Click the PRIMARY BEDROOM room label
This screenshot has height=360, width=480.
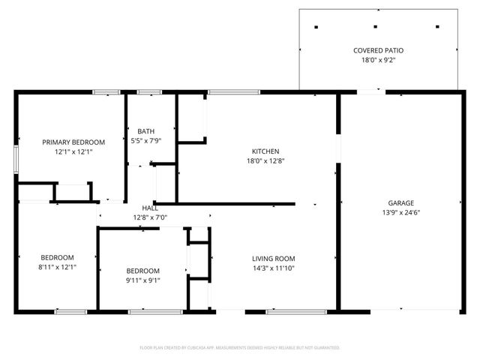pos(73,142)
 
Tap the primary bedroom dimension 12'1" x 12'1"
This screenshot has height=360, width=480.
pos(73,151)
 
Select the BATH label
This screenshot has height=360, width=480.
pos(145,131)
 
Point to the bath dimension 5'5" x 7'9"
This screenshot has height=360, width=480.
pos(145,140)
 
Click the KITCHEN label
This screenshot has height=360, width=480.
pos(265,151)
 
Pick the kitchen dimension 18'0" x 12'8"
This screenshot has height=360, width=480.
pos(265,160)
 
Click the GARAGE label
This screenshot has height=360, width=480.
pos(400,203)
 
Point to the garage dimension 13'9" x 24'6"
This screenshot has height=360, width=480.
pos(400,212)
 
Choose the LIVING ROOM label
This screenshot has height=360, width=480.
pos(272,259)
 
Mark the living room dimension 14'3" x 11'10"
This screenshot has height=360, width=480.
pos(272,268)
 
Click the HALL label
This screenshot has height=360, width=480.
pos(150,208)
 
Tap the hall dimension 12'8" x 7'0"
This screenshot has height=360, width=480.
pos(150,217)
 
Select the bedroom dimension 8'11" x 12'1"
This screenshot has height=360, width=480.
pos(57,266)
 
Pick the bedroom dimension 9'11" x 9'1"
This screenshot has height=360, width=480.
pos(142,280)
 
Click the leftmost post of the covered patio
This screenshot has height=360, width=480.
pos(316,28)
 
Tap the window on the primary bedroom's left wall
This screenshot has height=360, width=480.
pos(16,160)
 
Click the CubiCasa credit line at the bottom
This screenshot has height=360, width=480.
pos(240,348)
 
